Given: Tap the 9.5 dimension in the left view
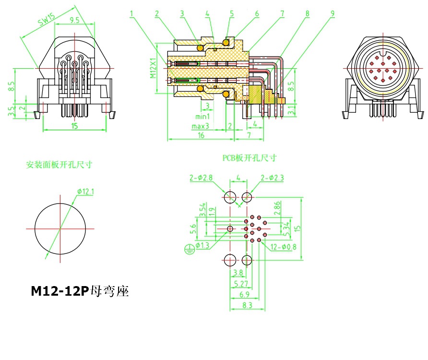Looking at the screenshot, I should point(74,20).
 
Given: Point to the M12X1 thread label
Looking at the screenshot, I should point(153,69).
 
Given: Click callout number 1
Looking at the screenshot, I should point(131,14).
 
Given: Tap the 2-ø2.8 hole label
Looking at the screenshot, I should point(200,178).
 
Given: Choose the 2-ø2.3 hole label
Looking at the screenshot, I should point(272,178).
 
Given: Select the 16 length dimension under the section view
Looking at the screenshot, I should point(201,136).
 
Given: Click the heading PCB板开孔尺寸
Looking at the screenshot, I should point(249,157).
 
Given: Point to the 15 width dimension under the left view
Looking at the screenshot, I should point(74,126).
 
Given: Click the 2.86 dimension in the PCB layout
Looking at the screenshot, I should point(277,207).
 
